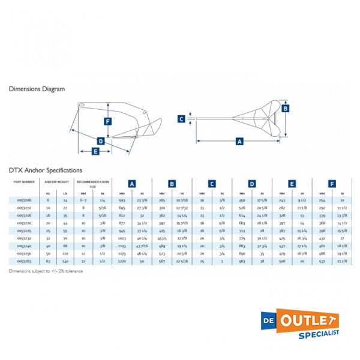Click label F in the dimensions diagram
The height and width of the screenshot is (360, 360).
pyautogui.click(x=107, y=121)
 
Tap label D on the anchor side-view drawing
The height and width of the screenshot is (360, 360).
pyautogui.click(x=100, y=141)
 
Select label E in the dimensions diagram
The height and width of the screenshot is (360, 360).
pyautogui.click(x=95, y=151)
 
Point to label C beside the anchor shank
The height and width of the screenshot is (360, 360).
pyautogui.click(x=181, y=119)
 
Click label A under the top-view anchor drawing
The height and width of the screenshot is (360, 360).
pyautogui.click(x=239, y=142)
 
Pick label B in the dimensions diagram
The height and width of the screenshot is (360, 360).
pyautogui.click(x=286, y=108)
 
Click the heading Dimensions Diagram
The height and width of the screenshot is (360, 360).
pyautogui.click(x=37, y=89)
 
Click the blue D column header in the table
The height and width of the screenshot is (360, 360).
pyautogui.click(x=252, y=184)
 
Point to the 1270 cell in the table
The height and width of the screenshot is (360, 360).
pyautogui.click(x=122, y=262)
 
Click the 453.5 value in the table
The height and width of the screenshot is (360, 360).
pyautogui.click(x=162, y=238)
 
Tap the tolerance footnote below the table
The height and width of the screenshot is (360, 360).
pyautogui.click(x=46, y=271)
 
